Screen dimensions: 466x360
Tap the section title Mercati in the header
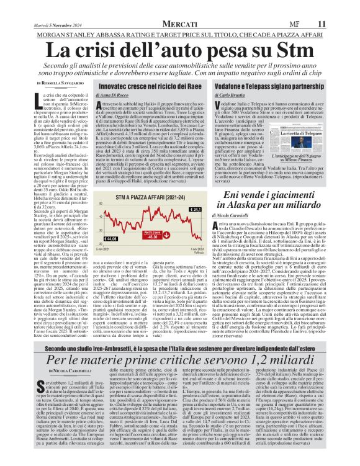181,23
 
